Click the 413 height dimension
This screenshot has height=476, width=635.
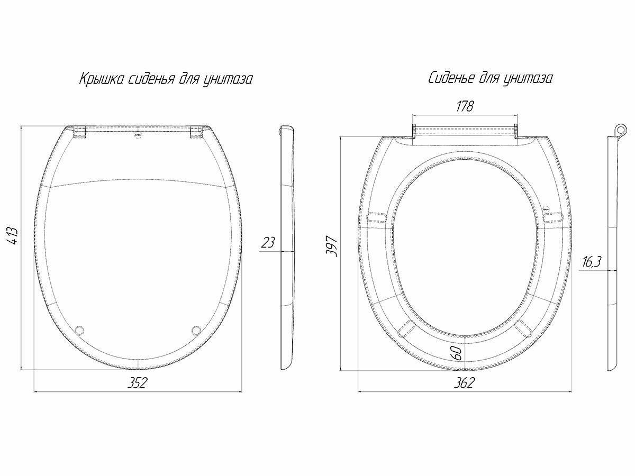(x=13, y=235)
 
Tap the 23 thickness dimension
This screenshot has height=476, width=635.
(x=268, y=243)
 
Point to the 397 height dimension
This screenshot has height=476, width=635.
(x=331, y=246)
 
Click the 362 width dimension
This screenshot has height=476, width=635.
(x=464, y=382)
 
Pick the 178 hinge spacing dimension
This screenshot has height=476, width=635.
(x=464, y=106)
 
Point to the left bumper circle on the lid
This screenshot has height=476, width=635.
(x=80, y=330)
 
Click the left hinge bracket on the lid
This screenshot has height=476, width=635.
(x=79, y=132)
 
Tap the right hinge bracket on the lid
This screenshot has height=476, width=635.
(x=196, y=132)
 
